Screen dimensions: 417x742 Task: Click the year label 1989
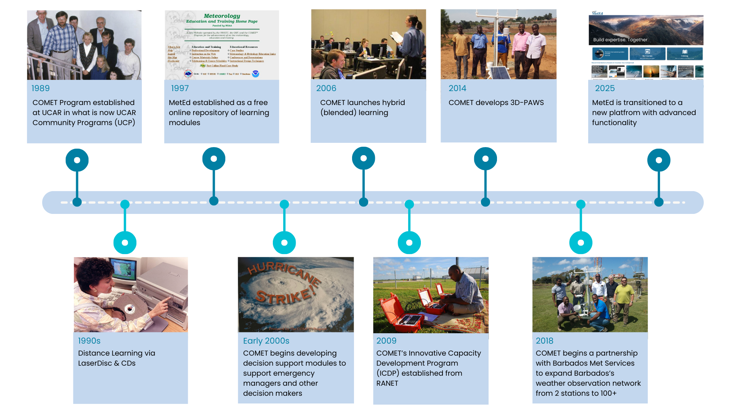tap(41, 88)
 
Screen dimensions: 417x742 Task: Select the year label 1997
tap(180, 88)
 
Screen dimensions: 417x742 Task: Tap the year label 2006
tap(326, 88)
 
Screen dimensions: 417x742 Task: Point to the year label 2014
tap(457, 88)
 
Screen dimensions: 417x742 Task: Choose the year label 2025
tap(605, 88)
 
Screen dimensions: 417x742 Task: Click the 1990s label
tap(89, 341)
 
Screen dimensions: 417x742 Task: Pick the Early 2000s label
tap(266, 341)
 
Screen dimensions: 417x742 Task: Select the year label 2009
tap(386, 341)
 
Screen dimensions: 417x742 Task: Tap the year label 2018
tap(545, 341)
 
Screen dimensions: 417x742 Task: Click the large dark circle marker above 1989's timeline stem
tap(77, 160)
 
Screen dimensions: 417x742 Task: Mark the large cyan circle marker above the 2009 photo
tap(409, 243)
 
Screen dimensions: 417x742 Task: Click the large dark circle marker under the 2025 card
tap(659, 160)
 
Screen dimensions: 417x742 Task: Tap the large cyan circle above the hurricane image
tap(284, 243)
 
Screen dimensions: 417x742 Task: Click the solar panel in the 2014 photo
tap(499, 73)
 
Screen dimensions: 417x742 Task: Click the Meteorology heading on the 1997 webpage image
tap(222, 16)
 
